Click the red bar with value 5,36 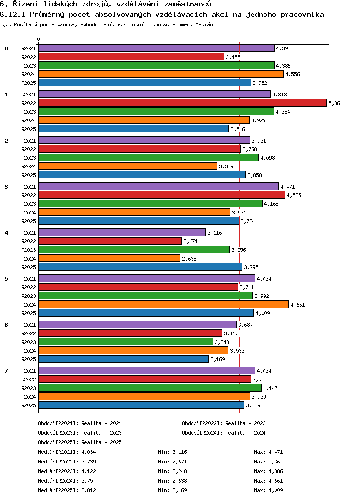[183, 103]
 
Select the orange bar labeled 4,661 [164, 304]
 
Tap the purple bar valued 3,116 [122, 232]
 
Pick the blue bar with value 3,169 [124, 359]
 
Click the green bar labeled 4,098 [149, 157]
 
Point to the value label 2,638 [190, 259]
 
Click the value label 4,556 [292, 74]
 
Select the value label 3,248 [222, 342]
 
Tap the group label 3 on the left [6, 187]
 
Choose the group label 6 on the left [6, 325]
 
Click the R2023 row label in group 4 [28, 250]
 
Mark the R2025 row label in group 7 [28, 405]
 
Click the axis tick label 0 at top [38, 39]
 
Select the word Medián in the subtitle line [204, 24]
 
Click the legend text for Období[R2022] [224, 423]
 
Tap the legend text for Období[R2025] [80, 442]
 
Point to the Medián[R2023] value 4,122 [88, 471]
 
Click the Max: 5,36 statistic [267, 462]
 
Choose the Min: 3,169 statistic [172, 490]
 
